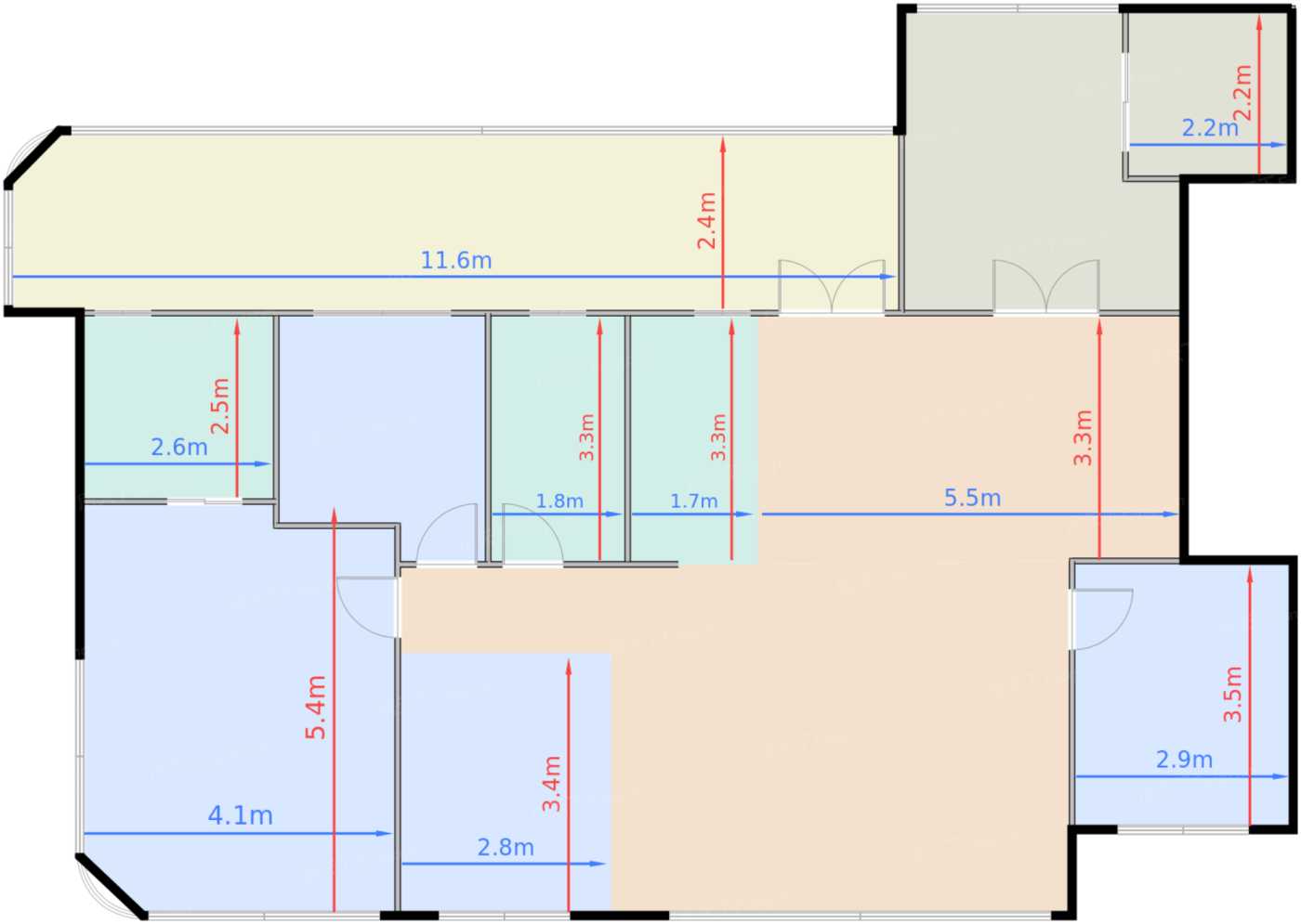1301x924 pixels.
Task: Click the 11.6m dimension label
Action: pyautogui.click(x=456, y=261)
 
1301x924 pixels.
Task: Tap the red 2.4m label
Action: pyautogui.click(x=707, y=221)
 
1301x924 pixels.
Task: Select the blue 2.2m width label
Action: pyautogui.click(x=1210, y=128)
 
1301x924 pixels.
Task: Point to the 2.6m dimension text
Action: pyautogui.click(x=178, y=448)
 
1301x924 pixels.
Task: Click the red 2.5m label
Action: pyautogui.click(x=220, y=406)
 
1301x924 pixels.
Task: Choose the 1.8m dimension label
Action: pyautogui.click(x=559, y=501)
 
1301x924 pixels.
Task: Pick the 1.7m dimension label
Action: pyautogui.click(x=693, y=501)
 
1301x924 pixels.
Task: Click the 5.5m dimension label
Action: pyautogui.click(x=972, y=498)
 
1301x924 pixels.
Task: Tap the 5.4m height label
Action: pyautogui.click(x=315, y=708)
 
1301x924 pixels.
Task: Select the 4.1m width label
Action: pyautogui.click(x=241, y=816)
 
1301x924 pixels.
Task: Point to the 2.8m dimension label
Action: pyautogui.click(x=506, y=848)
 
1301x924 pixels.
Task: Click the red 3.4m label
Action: pyautogui.click(x=551, y=784)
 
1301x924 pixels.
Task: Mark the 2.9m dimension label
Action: pyautogui.click(x=1184, y=760)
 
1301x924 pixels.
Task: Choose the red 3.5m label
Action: pyautogui.click(x=1232, y=695)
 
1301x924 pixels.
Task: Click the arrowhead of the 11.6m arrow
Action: pyautogui.click(x=888, y=277)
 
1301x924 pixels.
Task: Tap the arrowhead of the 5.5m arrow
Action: pyautogui.click(x=1171, y=514)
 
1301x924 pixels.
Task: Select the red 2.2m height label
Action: pyautogui.click(x=1242, y=93)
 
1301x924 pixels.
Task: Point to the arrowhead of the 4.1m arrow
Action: pyautogui.click(x=385, y=834)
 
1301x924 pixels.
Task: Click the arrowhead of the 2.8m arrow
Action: pyautogui.click(x=598, y=864)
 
